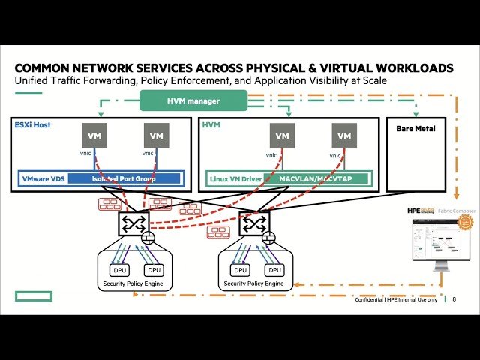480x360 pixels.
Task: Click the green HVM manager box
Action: [x=204, y=100]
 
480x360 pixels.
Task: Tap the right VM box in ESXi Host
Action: [x=156, y=136]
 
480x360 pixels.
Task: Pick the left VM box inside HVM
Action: [x=282, y=136]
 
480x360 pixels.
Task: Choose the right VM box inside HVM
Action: [x=343, y=136]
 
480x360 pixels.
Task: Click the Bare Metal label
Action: [x=415, y=129]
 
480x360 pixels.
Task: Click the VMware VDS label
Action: [x=42, y=179]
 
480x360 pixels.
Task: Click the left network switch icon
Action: [x=133, y=223]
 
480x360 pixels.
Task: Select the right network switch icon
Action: [x=254, y=223]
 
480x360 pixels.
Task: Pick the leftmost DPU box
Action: [x=119, y=269]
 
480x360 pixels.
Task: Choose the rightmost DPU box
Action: [x=274, y=269]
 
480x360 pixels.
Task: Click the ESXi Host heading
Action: [x=32, y=124]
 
